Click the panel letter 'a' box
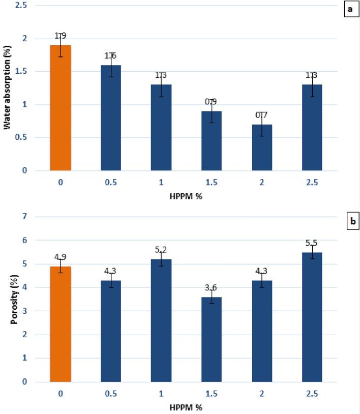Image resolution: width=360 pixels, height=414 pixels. tap(351, 10)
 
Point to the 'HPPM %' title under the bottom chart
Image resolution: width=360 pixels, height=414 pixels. tap(186, 407)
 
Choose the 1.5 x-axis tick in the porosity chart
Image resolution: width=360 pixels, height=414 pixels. tap(212, 393)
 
